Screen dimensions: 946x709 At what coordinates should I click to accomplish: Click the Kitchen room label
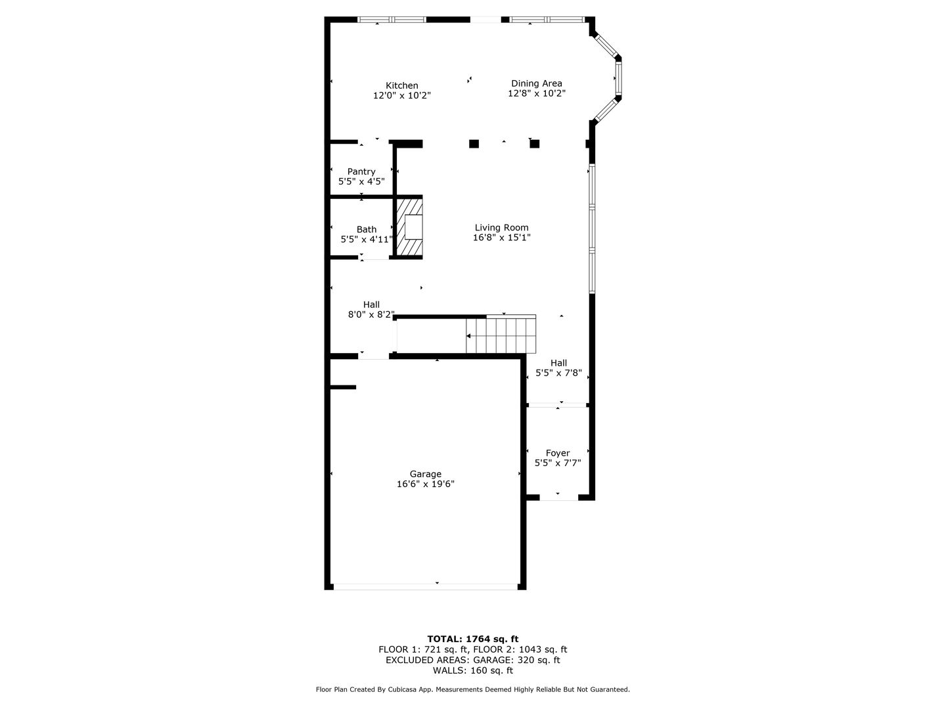point(401,85)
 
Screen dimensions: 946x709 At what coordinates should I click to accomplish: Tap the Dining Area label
point(537,83)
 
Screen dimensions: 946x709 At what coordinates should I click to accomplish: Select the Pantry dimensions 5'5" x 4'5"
point(361,182)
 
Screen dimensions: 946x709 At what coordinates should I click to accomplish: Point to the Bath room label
point(367,230)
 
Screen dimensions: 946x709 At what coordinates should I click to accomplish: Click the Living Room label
point(502,228)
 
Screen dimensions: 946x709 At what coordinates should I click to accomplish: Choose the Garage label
point(426,474)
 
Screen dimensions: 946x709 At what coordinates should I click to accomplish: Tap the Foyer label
point(558,453)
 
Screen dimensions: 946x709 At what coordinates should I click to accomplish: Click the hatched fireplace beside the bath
point(409,227)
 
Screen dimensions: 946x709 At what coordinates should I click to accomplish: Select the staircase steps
point(501,335)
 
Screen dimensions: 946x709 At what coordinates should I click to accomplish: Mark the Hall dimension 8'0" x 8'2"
point(371,314)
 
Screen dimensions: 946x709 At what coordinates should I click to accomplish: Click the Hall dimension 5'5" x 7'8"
point(558,374)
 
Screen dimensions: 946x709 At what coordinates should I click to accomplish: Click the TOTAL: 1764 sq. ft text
point(473,639)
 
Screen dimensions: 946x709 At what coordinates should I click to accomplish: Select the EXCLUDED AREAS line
point(473,660)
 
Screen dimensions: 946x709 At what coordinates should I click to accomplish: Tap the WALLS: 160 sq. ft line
point(473,670)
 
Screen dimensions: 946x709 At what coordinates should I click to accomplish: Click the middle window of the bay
point(618,78)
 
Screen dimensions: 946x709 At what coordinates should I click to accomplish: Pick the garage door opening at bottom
point(426,586)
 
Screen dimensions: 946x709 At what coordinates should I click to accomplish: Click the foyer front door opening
point(558,498)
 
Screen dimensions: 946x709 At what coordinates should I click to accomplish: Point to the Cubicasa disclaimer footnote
point(473,689)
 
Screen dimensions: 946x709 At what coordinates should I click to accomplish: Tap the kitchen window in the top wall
point(392,20)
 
